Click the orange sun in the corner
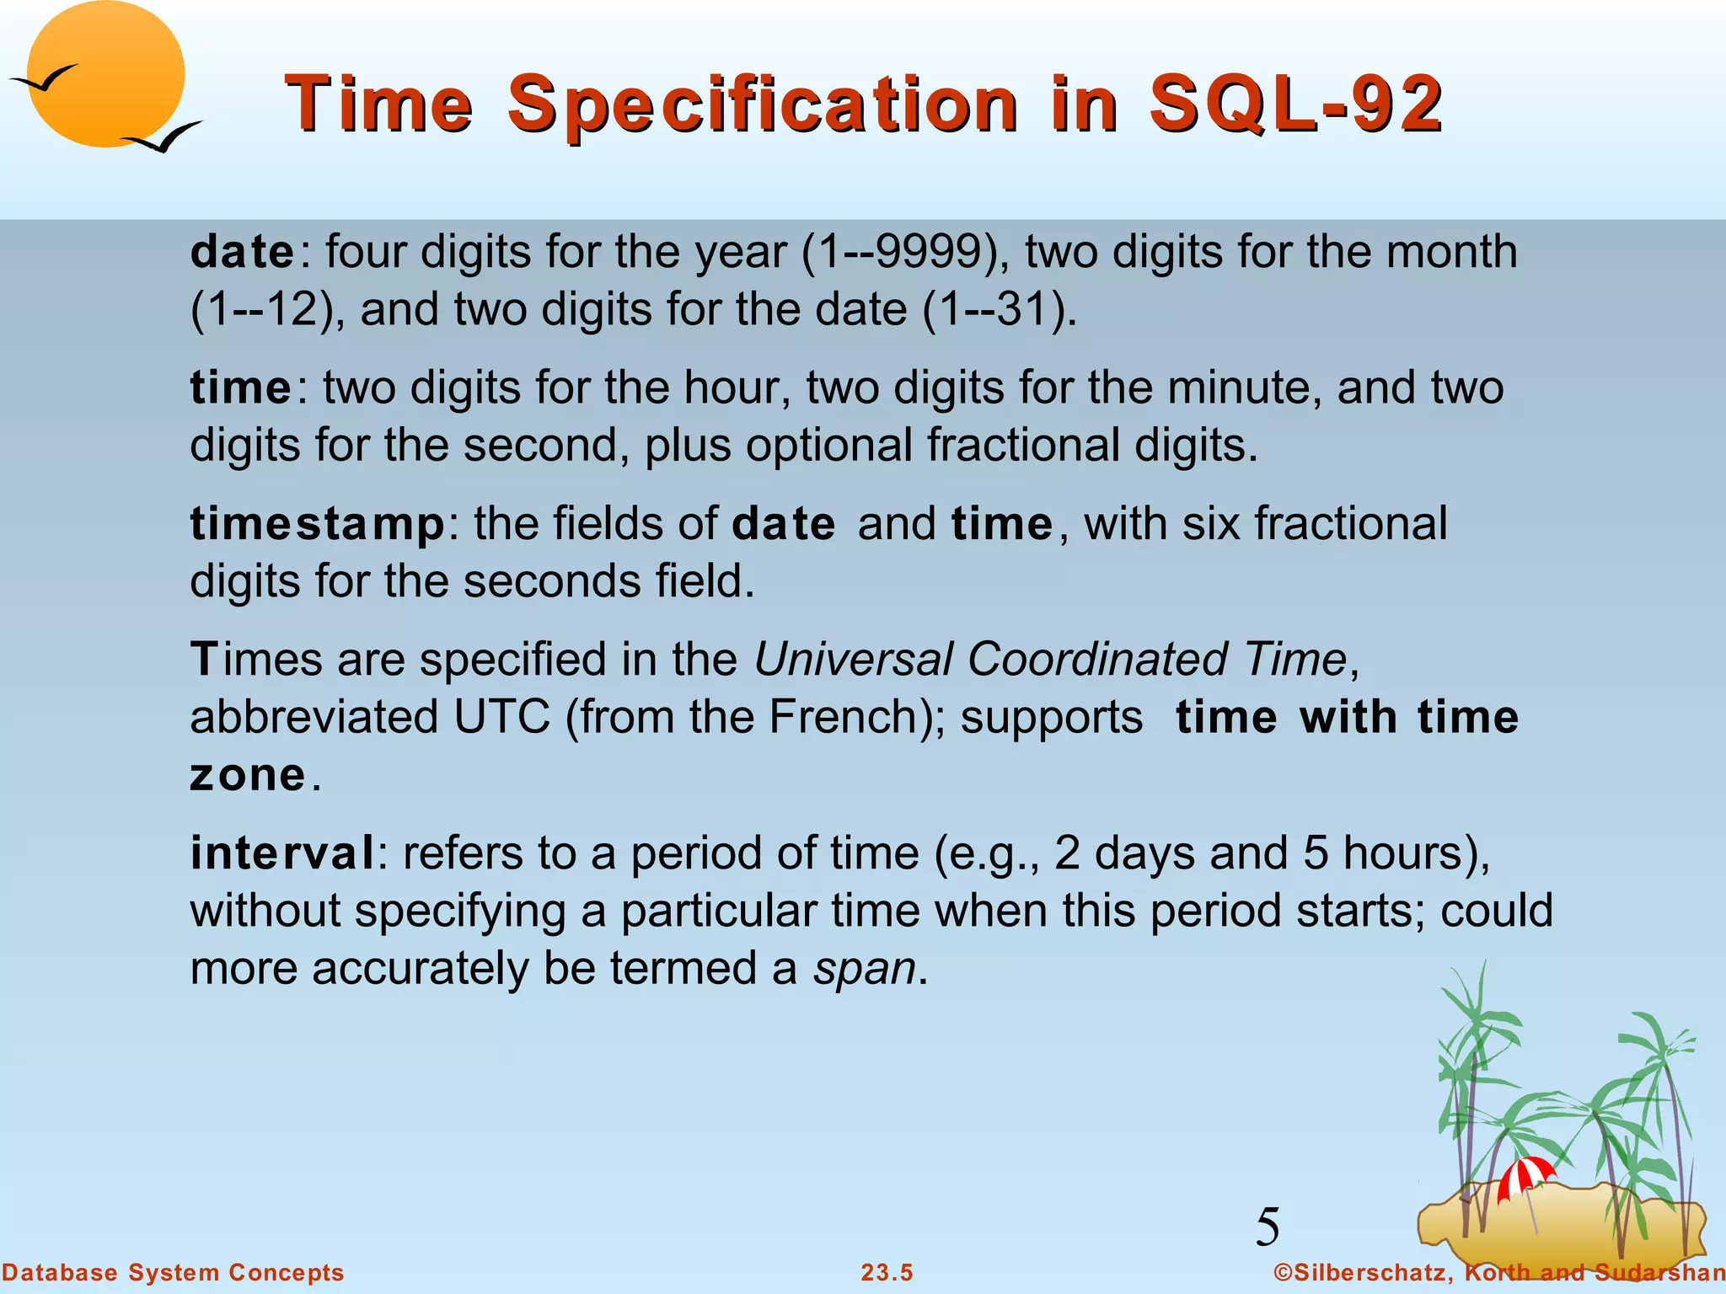click(x=105, y=74)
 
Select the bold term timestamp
click(x=318, y=523)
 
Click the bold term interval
click(x=282, y=853)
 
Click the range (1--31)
click(x=1000, y=309)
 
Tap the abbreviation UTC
click(x=501, y=717)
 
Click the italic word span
click(x=864, y=968)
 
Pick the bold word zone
click(x=247, y=775)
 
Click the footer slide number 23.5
click(x=887, y=1273)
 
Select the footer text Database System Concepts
click(x=173, y=1273)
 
